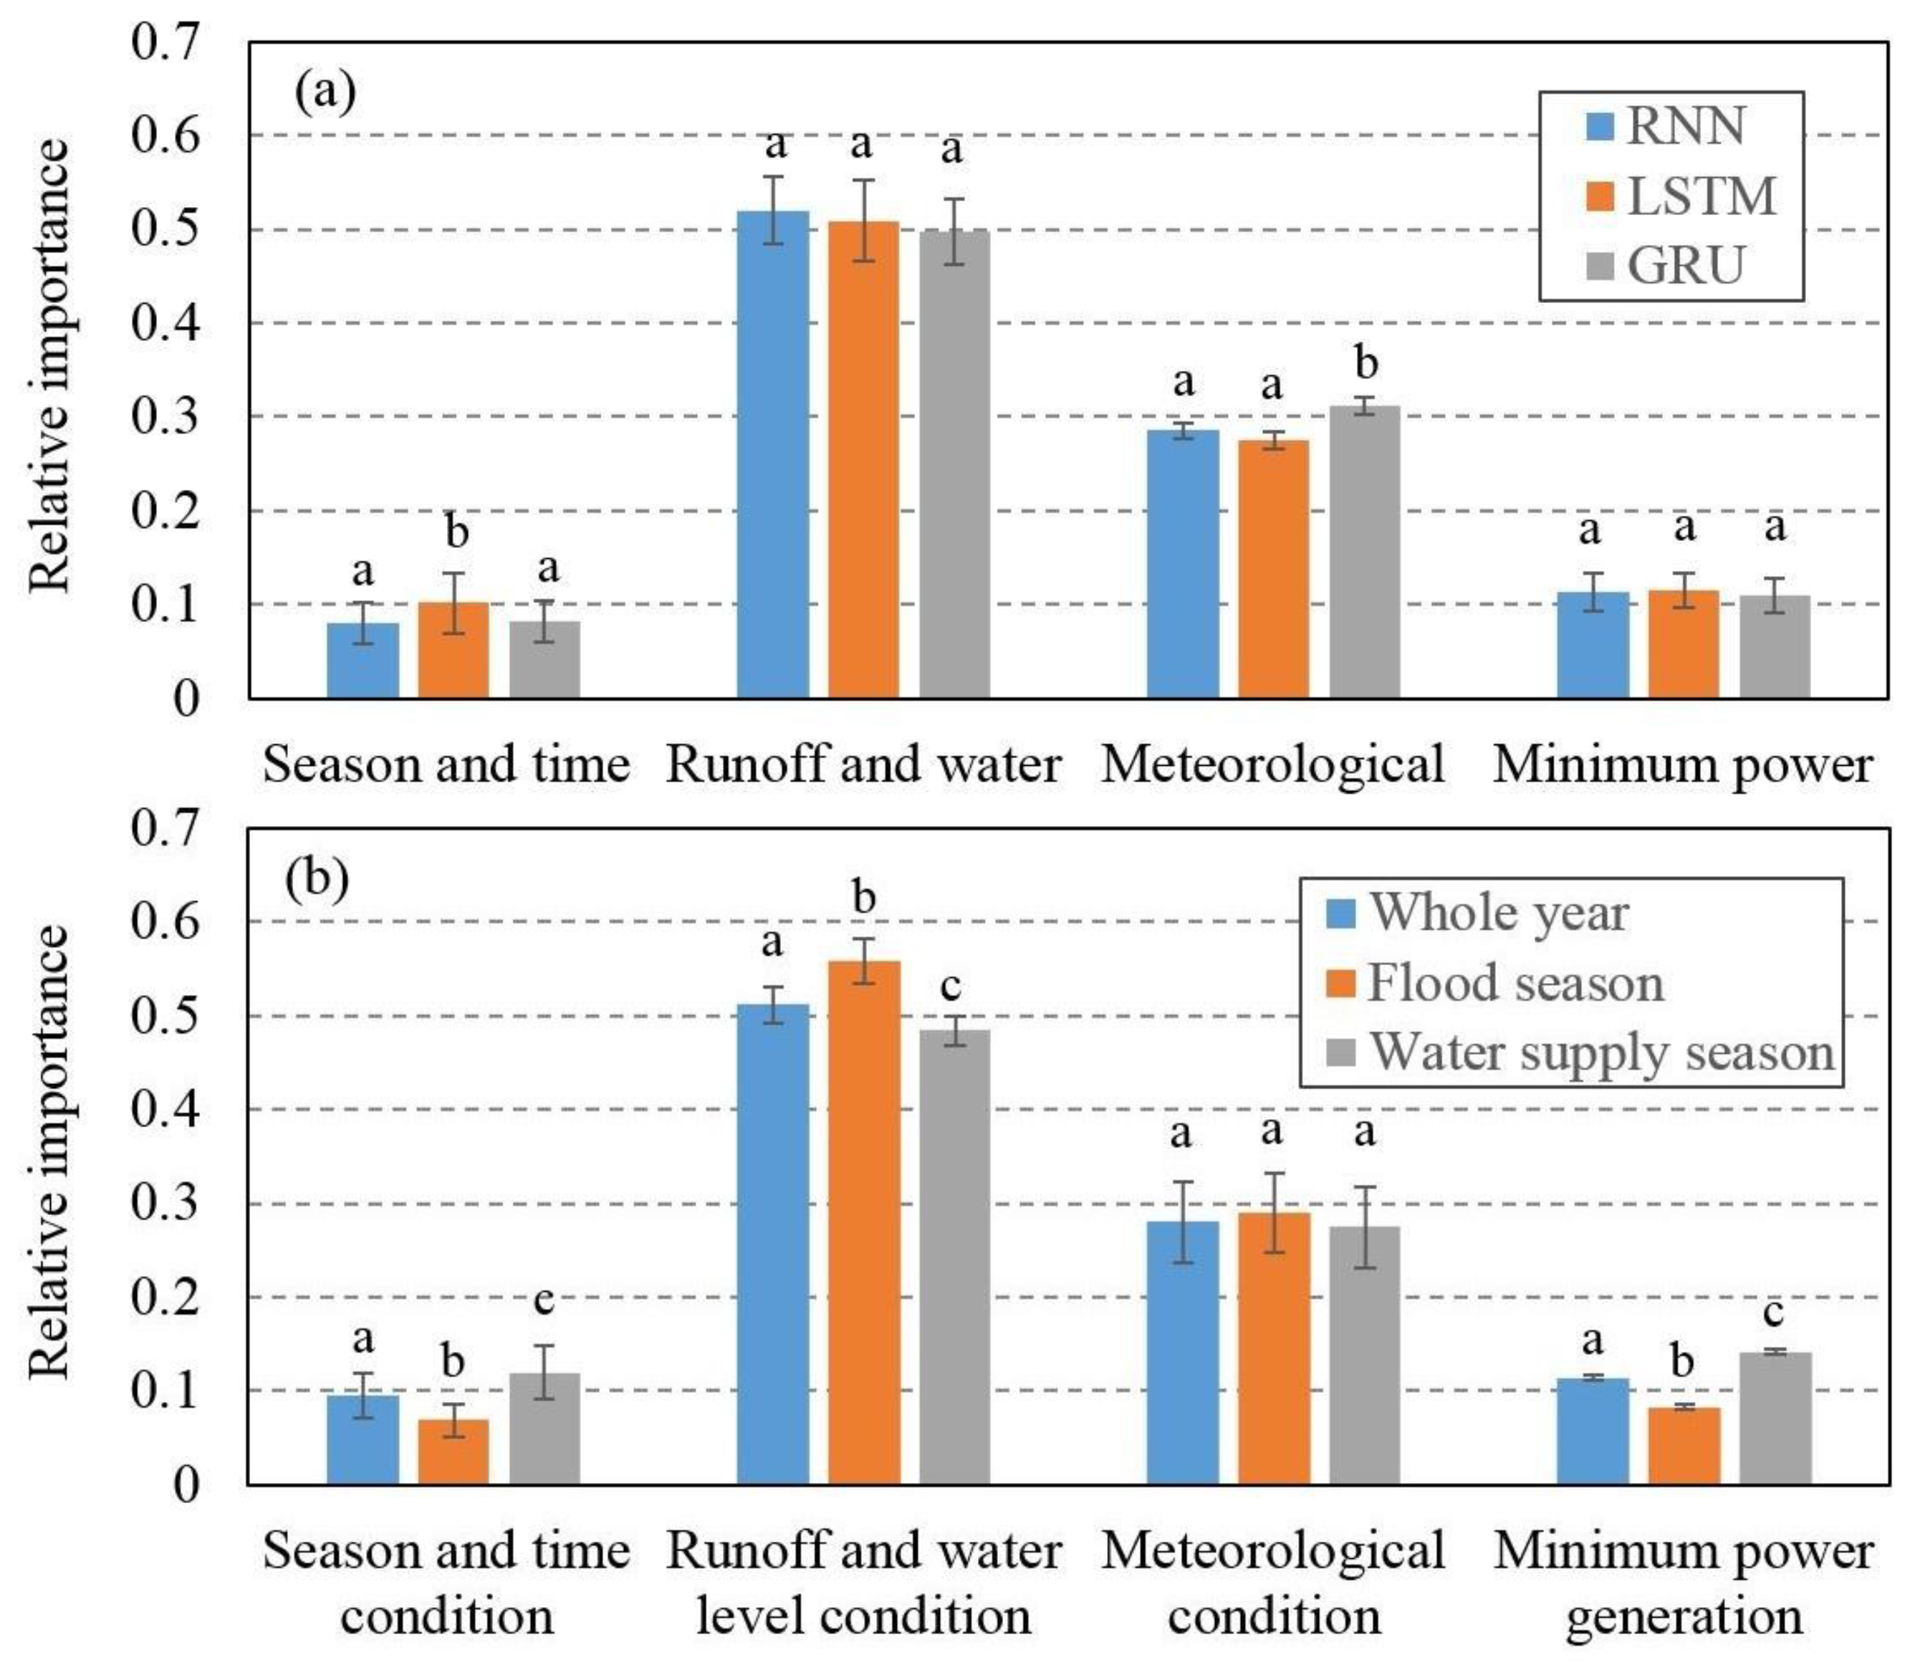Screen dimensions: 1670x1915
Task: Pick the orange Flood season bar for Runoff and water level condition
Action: tap(864, 1222)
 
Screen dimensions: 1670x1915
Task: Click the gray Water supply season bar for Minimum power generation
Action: tap(1775, 1417)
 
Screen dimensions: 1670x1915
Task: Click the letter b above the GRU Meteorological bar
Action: tap(1366, 363)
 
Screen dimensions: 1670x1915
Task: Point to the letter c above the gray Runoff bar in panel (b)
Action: tap(951, 985)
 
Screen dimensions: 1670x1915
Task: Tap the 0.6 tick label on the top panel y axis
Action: tap(166, 136)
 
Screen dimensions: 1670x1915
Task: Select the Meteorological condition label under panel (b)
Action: tap(1273, 1584)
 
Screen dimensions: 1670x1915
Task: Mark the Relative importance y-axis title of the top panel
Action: tap(49, 365)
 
